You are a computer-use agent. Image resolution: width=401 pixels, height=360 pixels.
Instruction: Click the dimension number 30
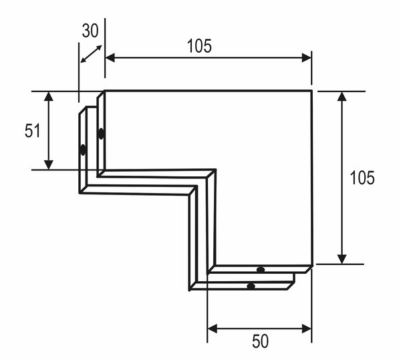click(x=90, y=31)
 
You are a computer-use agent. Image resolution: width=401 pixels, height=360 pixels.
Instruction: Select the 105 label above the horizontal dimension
click(x=199, y=46)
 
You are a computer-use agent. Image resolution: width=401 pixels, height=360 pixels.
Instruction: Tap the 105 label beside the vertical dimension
click(x=362, y=178)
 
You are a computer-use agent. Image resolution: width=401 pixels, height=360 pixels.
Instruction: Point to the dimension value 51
click(x=33, y=130)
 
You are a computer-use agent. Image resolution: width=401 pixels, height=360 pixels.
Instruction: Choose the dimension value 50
click(x=261, y=341)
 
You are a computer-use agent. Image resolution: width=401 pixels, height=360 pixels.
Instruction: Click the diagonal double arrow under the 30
click(x=92, y=54)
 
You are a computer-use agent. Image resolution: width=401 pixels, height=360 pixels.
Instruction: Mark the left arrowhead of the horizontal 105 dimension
click(x=110, y=58)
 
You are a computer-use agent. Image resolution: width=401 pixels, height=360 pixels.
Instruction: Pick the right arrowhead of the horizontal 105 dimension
click(x=306, y=58)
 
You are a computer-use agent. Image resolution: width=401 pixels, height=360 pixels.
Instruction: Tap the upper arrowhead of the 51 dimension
click(x=49, y=96)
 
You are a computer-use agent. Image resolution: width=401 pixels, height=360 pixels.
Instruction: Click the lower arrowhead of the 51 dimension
click(x=49, y=165)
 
